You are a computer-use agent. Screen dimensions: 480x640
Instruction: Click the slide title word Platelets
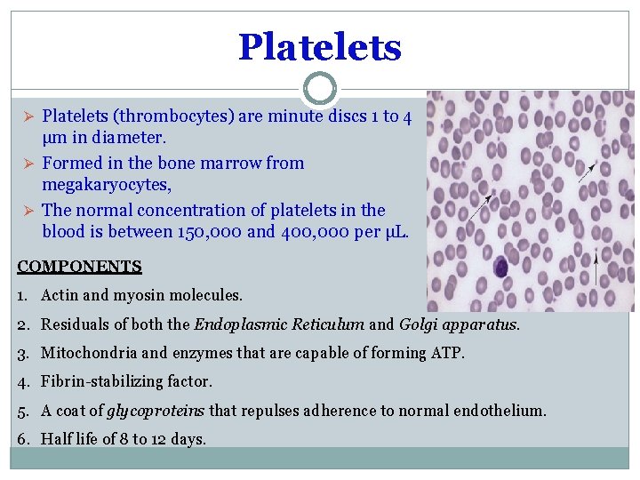pos(319,46)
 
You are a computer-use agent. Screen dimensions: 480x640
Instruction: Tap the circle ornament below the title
pos(319,89)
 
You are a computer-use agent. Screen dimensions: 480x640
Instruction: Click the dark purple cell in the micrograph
pos(500,266)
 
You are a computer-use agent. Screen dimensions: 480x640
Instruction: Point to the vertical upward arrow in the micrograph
pos(608,280)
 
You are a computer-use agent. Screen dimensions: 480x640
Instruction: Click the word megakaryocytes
pos(107,186)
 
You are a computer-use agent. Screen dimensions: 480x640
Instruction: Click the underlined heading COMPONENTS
pos(79,266)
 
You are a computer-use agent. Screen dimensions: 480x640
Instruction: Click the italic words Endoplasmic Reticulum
pos(279,324)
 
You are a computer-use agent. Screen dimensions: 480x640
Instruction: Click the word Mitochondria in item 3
pos(84,353)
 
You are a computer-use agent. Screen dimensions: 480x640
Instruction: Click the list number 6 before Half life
pos(23,439)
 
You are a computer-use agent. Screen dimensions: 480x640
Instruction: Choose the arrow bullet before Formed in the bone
pos(28,164)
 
